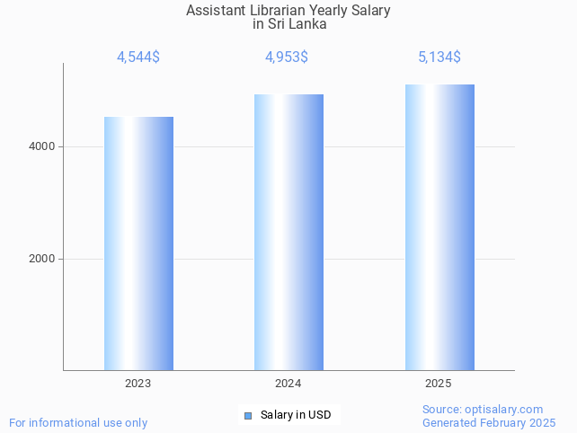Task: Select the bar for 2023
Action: point(138,243)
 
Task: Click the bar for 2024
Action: point(288,232)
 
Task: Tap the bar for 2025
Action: point(439,226)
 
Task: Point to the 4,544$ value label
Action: point(138,57)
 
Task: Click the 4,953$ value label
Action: point(287,57)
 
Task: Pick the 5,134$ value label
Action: point(439,57)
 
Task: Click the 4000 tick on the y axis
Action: point(41,146)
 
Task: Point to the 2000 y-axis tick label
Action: point(41,259)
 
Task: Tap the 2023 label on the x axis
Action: point(138,384)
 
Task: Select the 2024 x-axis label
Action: point(288,384)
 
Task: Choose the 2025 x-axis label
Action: point(439,384)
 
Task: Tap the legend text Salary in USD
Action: point(296,415)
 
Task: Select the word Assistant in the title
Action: point(213,11)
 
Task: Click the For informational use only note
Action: point(78,422)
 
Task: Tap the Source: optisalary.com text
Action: point(483,409)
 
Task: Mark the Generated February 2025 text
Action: point(489,422)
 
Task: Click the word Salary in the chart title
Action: point(370,11)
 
